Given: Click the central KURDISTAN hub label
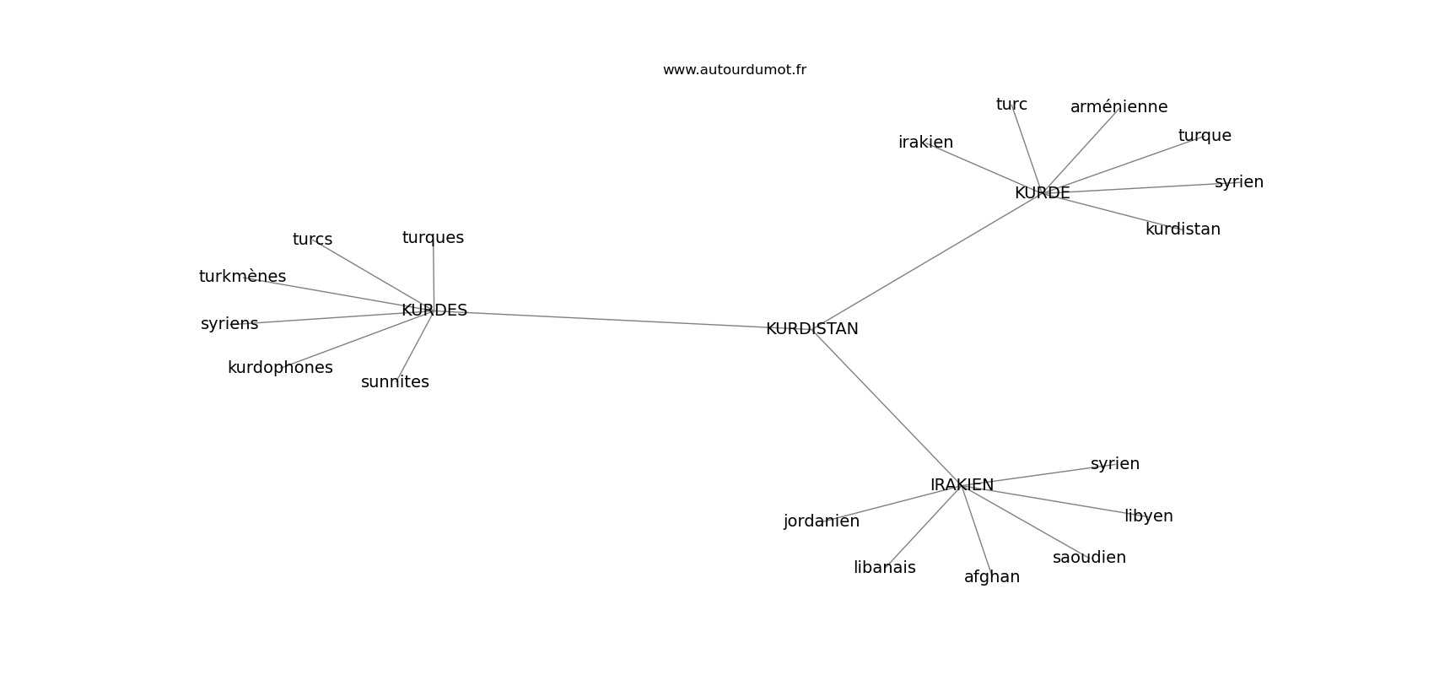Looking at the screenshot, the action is click(x=811, y=328).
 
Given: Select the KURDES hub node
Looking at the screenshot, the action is click(x=434, y=310).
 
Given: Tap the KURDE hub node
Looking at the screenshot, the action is click(x=1043, y=192).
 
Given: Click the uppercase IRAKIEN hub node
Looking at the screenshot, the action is click(x=962, y=485).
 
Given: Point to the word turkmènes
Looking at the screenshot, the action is click(x=242, y=276).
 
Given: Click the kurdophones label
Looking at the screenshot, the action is click(x=280, y=368).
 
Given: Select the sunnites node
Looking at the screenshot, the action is click(x=395, y=381).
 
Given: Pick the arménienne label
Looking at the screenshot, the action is click(x=1119, y=106).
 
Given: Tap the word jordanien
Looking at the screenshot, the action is click(x=822, y=521).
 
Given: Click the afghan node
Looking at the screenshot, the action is click(x=992, y=577).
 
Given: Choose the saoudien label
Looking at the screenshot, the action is click(x=1089, y=557).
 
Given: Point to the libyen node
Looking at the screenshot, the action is click(x=1149, y=516).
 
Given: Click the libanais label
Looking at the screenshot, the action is click(x=884, y=567).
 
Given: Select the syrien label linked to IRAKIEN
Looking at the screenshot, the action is click(x=1114, y=464).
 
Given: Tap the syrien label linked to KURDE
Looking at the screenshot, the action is click(x=1239, y=182).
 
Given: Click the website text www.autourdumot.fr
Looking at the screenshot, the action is click(x=734, y=70).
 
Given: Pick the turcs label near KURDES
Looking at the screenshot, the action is click(x=312, y=239).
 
